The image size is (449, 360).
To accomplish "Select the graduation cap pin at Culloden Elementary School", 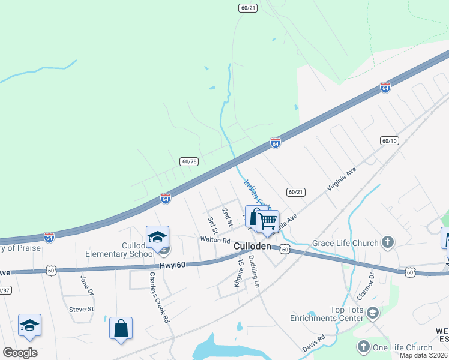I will point(157,238).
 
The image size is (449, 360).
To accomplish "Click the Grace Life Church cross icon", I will point(388,243).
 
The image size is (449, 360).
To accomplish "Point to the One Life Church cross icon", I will point(363,347).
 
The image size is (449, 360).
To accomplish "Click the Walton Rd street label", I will point(215,240).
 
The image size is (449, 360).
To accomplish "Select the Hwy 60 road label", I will point(173,266).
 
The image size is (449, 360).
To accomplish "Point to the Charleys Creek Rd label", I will point(160,298).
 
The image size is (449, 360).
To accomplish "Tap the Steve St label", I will point(82,309).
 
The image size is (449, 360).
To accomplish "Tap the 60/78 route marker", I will point(189,161).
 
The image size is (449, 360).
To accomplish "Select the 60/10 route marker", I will point(389,140).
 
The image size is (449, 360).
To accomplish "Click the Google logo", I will point(20,353).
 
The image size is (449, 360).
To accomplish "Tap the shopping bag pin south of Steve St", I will point(121,328).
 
